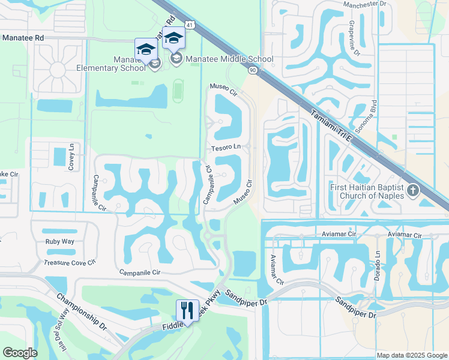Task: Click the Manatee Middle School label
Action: tap(229, 59)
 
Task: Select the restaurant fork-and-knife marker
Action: tap(187, 311)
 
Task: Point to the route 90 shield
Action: tap(252, 71)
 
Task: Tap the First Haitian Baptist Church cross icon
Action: tap(412, 191)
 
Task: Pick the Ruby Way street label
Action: tap(60, 242)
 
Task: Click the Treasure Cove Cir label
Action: tap(70, 263)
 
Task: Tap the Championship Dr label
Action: tap(81, 311)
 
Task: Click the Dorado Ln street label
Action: tap(378, 266)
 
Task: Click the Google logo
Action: tap(20, 353)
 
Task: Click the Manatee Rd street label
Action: tap(23, 37)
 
